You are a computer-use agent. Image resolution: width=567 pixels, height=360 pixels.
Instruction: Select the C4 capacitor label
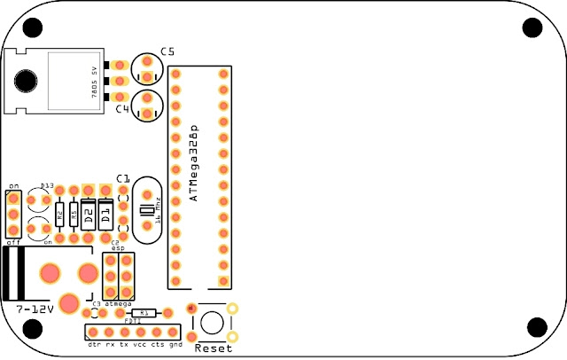point(122,109)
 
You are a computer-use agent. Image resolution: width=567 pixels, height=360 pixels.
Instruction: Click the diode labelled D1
point(105,214)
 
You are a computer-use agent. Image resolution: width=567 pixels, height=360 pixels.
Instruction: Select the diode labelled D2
point(89,214)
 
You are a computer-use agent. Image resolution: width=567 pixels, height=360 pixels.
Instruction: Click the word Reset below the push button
point(214,348)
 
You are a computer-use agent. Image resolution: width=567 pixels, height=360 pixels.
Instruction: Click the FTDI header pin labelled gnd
point(175,332)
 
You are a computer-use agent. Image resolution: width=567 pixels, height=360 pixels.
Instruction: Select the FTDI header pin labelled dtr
point(92,332)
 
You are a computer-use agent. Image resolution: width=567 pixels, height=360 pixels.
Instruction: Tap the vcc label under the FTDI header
point(140,343)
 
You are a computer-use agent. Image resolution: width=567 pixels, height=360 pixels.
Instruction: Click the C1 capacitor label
point(122,178)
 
